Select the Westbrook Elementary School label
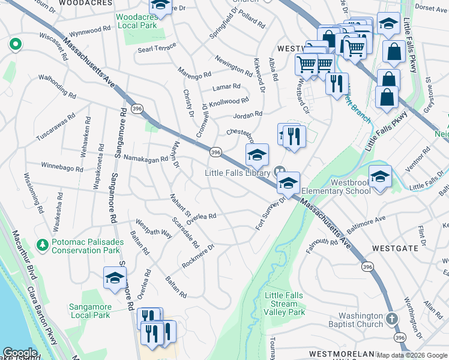[336, 186]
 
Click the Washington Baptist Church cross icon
[391, 319]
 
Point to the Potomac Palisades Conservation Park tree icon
[43, 245]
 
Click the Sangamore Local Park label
[90, 311]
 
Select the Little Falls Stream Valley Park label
[285, 304]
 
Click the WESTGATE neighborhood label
[395, 248]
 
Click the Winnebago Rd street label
[62, 166]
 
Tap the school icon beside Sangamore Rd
[115, 278]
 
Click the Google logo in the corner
[20, 353]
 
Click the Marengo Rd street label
[194, 73]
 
